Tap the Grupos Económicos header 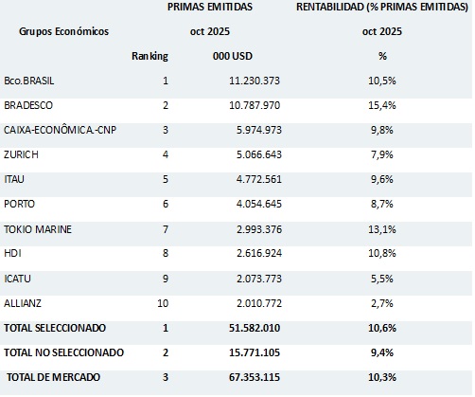point(63,31)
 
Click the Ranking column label point(149,56)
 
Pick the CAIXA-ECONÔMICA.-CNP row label point(58,130)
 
